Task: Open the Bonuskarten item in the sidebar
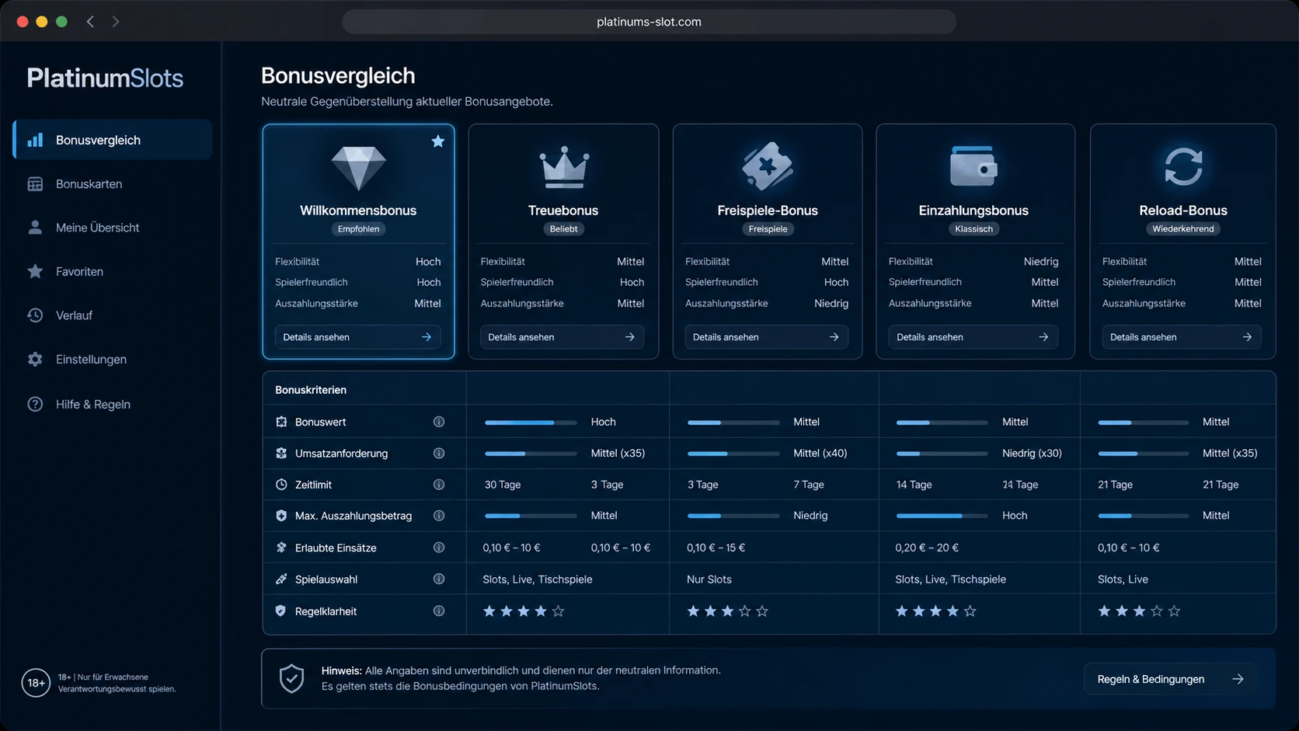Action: click(89, 184)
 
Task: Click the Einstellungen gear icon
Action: click(35, 360)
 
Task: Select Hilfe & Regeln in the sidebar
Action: click(92, 404)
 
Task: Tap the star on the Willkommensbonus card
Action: click(438, 141)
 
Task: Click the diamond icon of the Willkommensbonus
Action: click(358, 168)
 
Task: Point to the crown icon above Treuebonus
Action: click(564, 167)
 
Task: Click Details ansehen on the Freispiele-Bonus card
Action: click(766, 337)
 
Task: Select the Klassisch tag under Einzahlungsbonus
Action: click(973, 229)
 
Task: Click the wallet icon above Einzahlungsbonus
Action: click(973, 165)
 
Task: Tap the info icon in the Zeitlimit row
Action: click(439, 484)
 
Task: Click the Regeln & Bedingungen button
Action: click(1170, 679)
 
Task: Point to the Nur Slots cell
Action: click(709, 579)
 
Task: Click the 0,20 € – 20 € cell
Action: click(927, 547)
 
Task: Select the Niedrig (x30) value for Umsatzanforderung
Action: click(1032, 454)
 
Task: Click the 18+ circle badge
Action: click(36, 683)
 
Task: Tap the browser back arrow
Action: click(90, 22)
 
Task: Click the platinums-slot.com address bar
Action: click(649, 22)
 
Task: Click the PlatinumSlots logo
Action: click(105, 78)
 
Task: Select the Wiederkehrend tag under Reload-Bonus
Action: click(1183, 229)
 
